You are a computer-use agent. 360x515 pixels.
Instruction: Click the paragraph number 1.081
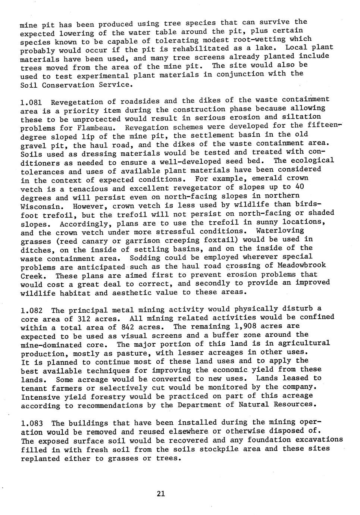[x=31, y=102]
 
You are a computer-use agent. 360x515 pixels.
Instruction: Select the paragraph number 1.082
[x=31, y=310]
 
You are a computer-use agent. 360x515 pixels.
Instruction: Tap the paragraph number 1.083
[x=32, y=424]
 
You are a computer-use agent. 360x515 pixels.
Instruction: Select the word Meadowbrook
[x=302, y=265]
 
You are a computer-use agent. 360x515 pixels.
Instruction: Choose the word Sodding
[x=145, y=258]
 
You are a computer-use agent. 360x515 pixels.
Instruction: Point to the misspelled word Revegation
[x=147, y=128]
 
